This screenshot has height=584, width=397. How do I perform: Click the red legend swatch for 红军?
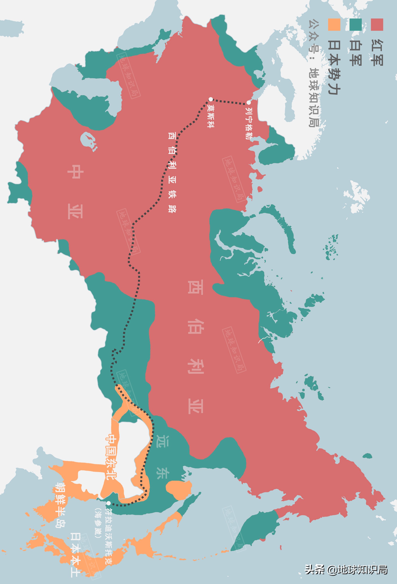pyautogui.click(x=377, y=25)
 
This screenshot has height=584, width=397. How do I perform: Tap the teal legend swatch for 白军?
pyautogui.click(x=356, y=25)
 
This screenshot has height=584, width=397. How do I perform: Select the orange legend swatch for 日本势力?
pyautogui.click(x=334, y=25)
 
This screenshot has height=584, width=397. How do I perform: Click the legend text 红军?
pyautogui.click(x=377, y=53)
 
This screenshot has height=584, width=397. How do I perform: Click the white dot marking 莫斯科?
pyautogui.click(x=211, y=99)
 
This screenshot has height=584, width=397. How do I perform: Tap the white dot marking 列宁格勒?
pyautogui.click(x=249, y=103)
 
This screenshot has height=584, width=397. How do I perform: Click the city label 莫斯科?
pyautogui.click(x=211, y=116)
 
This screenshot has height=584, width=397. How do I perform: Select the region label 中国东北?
pyautogui.click(x=111, y=457)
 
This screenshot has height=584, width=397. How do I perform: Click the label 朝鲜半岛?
pyautogui.click(x=60, y=505)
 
